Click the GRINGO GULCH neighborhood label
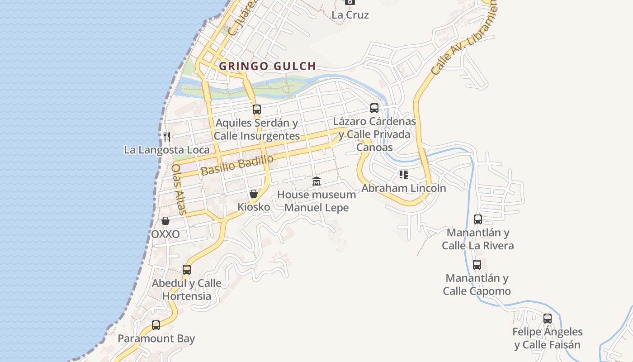pos(267,66)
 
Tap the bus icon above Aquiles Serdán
pos(257,109)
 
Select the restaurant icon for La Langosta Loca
pos(167,136)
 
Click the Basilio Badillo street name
pos(237,165)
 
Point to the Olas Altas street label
pos(179,189)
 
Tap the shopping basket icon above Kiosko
pos(254,194)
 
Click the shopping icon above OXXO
pos(165,221)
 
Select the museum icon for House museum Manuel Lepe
pos(316,181)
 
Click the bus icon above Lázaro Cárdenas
pos(374,108)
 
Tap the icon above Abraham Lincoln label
pos(404,175)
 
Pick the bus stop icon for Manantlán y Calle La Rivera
pos(478,219)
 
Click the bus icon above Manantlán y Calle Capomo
pos(477,265)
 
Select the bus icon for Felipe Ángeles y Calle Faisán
pos(548,318)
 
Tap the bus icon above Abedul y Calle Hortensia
pos(187,270)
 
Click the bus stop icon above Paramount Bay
pos(156,325)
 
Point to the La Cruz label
pos(350,15)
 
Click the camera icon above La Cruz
pos(350,2)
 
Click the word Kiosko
pos(254,207)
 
